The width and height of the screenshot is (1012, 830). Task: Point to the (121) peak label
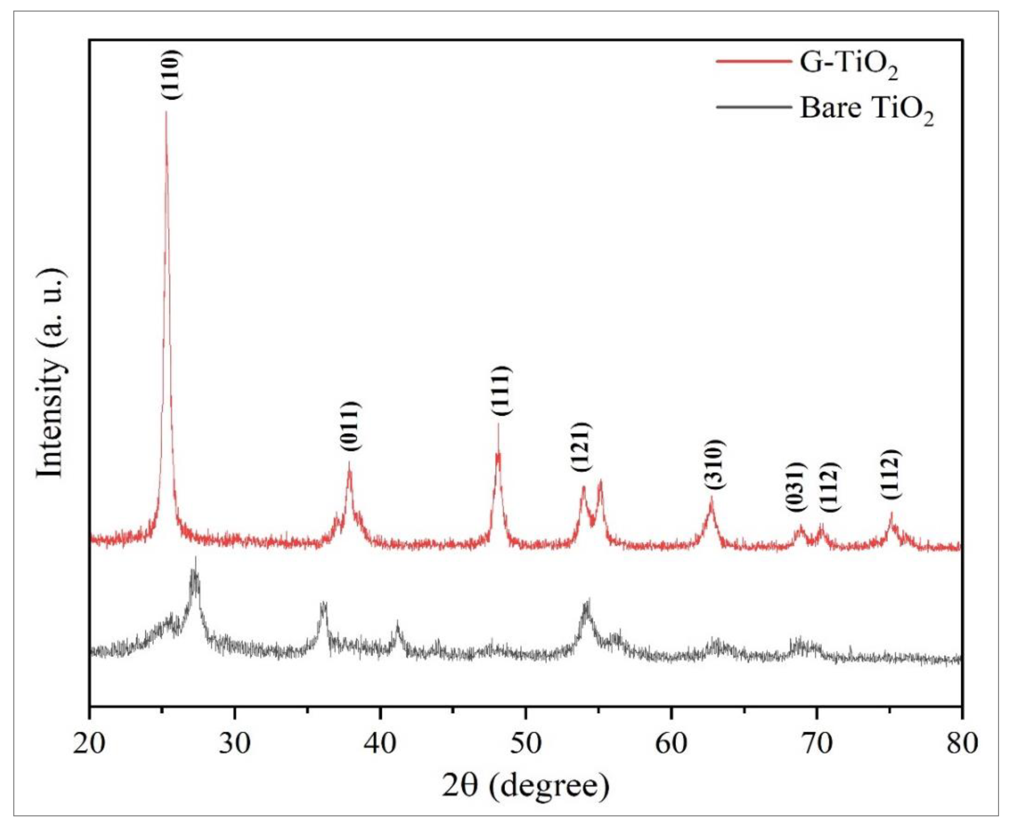point(581,447)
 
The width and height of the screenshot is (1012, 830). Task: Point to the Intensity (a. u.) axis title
point(50,373)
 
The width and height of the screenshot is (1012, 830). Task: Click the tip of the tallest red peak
point(166,111)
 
